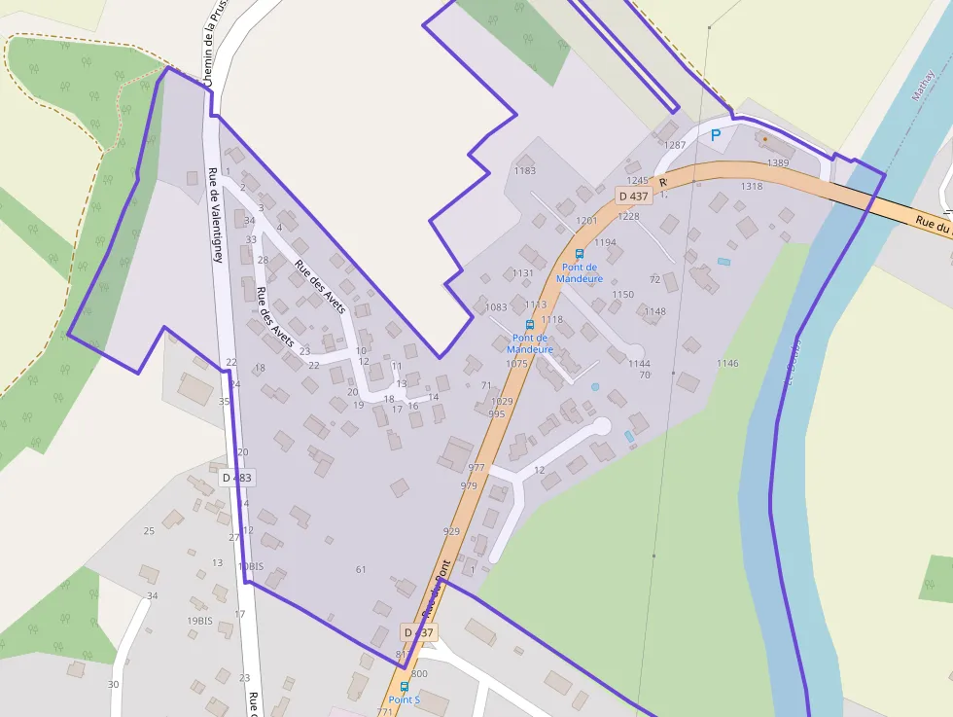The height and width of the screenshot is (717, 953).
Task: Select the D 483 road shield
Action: coord(236,478)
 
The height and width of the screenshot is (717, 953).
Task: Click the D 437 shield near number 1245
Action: coord(633,196)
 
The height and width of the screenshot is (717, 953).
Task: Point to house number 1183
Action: coord(524,171)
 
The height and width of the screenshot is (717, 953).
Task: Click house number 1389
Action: coord(777,162)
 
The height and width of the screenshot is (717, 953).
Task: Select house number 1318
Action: coord(751,186)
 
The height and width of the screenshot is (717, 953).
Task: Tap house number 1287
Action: coord(675,145)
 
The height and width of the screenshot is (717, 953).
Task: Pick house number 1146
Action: coord(727,364)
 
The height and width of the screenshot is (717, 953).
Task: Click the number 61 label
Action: coord(361,569)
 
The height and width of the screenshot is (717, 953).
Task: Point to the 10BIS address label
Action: coord(250,566)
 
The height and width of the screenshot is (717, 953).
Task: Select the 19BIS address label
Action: coord(199,621)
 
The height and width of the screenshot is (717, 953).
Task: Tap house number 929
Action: coord(451,531)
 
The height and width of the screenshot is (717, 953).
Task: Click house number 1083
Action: coord(496,307)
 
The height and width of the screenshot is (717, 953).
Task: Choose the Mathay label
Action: coord(922,86)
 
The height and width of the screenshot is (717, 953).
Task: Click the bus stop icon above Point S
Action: coord(405,687)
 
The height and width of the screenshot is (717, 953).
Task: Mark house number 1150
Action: coord(622,295)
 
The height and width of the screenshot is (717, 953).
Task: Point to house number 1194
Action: coord(605,243)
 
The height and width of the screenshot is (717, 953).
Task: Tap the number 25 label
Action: coord(149,530)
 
